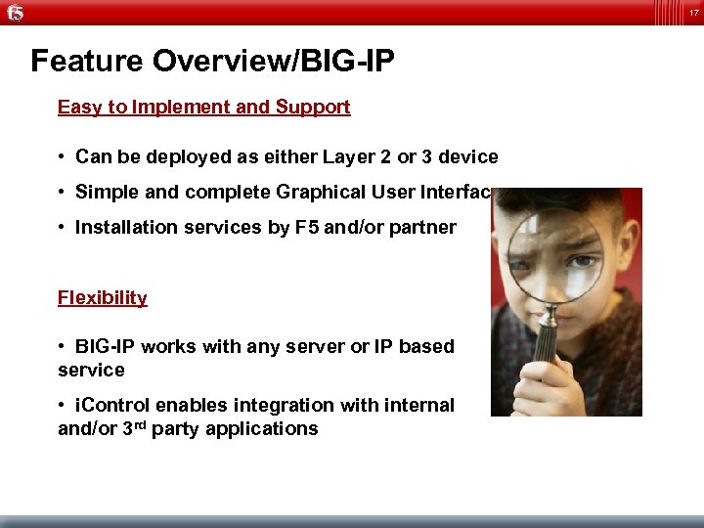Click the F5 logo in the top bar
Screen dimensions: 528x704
click(x=14, y=13)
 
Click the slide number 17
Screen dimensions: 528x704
click(x=692, y=12)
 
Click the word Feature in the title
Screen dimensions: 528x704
click(x=87, y=62)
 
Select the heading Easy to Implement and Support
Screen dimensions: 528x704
click(x=203, y=108)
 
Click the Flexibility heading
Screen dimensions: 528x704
click(x=102, y=298)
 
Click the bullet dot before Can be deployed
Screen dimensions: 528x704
click(x=62, y=157)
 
